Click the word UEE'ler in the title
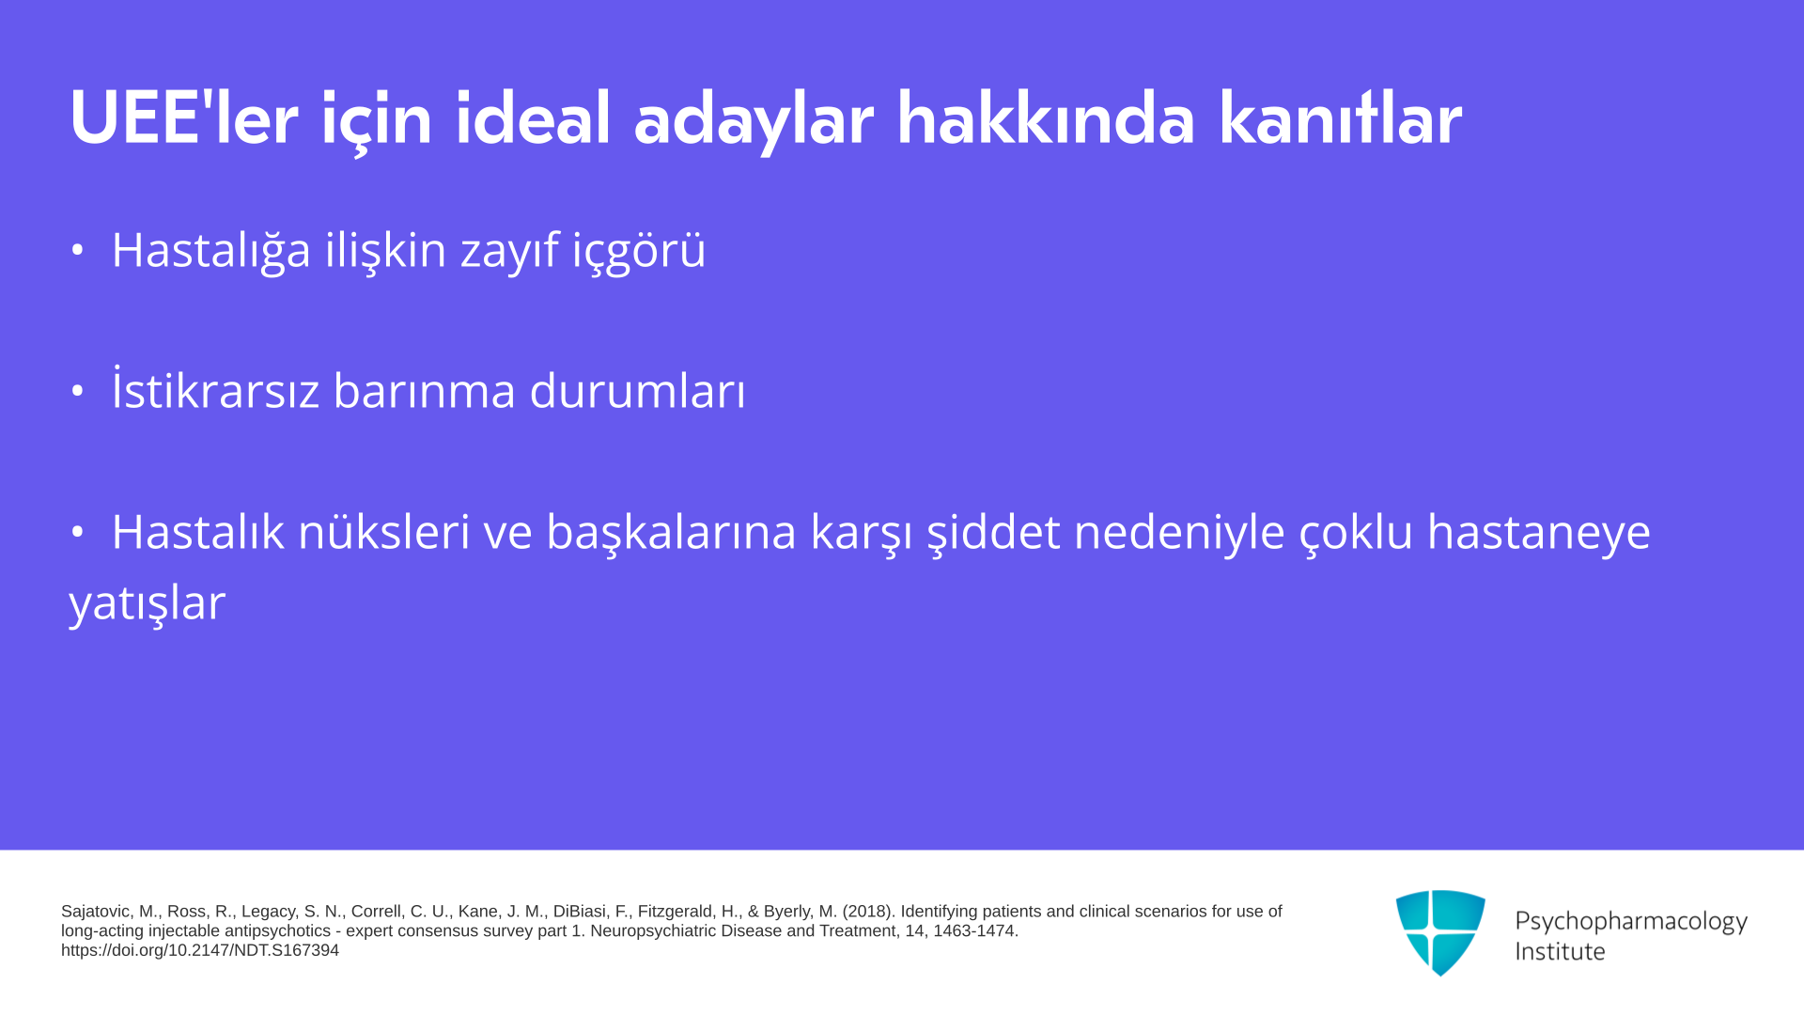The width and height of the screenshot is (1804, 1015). coord(184,118)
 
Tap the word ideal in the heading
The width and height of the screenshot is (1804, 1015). coord(533,118)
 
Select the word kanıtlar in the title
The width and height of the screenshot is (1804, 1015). coord(1340,118)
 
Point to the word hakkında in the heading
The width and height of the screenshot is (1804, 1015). coord(1046,118)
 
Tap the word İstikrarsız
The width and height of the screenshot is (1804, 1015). coord(216,389)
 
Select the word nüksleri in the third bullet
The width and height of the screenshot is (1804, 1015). coord(383,532)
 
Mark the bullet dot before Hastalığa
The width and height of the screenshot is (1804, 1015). coord(78,251)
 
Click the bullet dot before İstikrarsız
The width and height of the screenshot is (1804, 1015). coord(78,391)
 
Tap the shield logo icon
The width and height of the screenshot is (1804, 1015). coord(1440,932)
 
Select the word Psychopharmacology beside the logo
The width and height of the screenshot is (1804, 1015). coord(1631,922)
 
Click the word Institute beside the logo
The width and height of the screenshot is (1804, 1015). coord(1561,951)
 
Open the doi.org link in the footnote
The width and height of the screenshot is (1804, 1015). coord(200,950)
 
